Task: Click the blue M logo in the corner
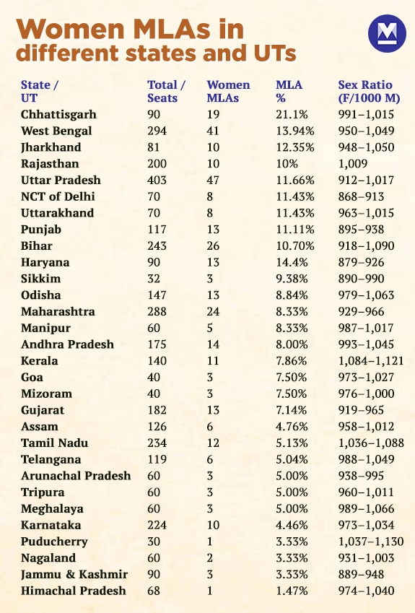[387, 34]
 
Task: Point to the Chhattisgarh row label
[58, 114]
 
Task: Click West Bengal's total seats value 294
[157, 131]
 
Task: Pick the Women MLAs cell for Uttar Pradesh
[214, 180]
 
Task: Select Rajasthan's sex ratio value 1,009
[353, 164]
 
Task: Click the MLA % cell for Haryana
[292, 262]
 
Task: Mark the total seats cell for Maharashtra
[157, 311]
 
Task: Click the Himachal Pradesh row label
[73, 591]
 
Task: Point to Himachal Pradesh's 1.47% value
[292, 591]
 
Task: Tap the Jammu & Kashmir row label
[74, 574]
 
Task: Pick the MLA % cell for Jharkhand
[295, 147]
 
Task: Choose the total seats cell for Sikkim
[154, 279]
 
